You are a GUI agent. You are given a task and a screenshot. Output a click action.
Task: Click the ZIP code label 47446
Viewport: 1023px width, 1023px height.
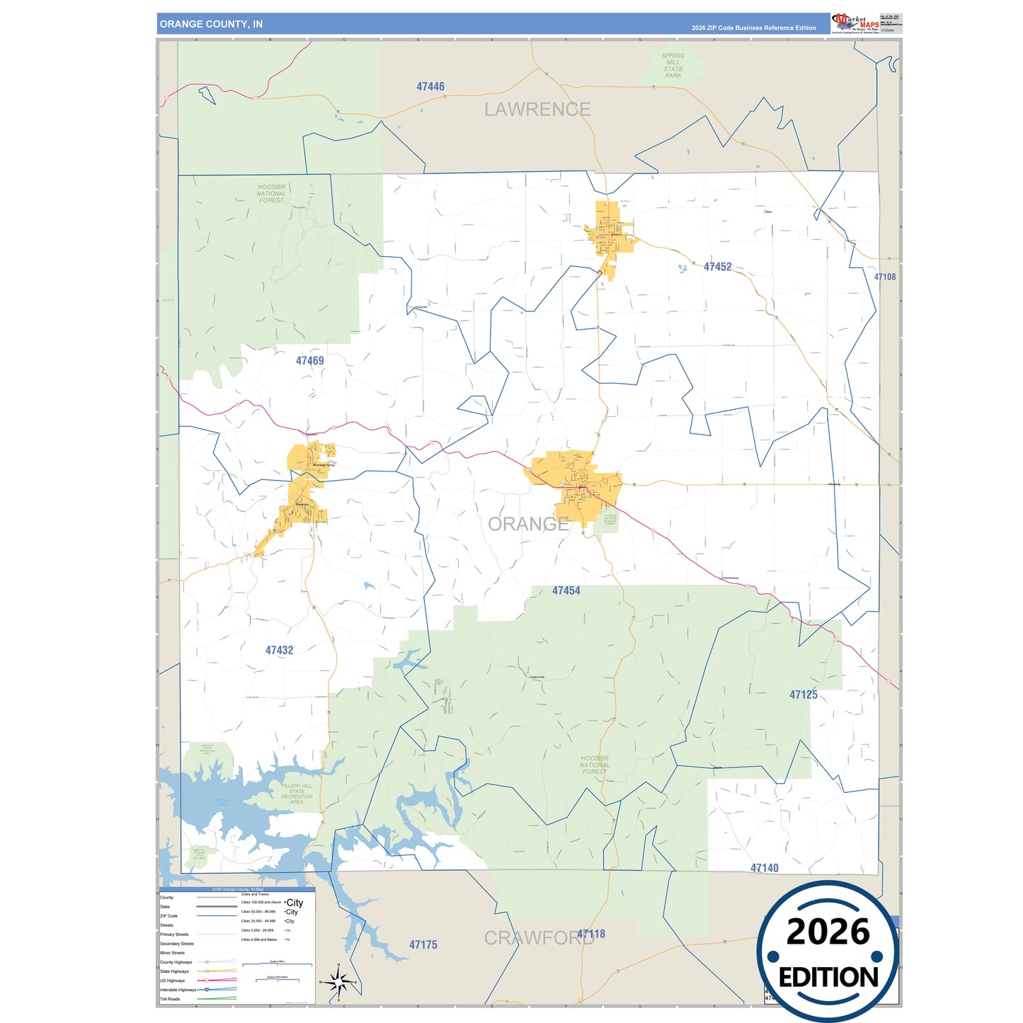(430, 86)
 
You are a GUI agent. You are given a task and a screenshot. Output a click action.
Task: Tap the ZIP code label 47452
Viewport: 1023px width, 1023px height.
(717, 267)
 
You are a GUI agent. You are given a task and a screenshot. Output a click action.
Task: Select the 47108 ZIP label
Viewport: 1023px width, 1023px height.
(884, 277)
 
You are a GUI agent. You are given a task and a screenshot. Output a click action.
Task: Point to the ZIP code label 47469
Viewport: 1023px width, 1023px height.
(309, 361)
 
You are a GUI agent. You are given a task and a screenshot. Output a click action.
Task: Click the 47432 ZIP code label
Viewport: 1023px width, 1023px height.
(279, 650)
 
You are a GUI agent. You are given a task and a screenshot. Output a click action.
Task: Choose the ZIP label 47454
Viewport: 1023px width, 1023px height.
(566, 590)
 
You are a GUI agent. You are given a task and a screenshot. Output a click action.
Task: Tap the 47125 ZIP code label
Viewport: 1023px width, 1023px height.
(803, 695)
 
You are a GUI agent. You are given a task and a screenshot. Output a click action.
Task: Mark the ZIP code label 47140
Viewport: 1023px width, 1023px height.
(764, 868)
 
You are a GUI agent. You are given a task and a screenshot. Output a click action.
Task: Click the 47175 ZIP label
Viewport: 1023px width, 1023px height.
(423, 944)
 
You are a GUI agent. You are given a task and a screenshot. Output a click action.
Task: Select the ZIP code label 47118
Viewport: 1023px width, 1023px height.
(591, 934)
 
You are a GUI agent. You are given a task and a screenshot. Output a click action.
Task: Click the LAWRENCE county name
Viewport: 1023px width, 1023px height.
(537, 110)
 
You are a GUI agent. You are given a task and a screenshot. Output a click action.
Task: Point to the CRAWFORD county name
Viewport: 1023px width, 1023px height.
(538, 938)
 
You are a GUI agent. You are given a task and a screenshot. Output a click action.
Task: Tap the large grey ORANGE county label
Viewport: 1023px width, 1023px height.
(528, 524)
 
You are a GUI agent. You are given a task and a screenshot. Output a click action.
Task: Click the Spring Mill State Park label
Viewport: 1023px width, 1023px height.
(673, 65)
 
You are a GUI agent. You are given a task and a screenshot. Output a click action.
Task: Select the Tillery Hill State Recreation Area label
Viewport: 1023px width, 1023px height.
(297, 794)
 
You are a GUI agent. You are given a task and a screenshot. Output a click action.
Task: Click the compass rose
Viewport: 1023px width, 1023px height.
(338, 982)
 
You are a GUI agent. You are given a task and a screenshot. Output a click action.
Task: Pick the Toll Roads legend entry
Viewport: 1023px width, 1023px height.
(170, 999)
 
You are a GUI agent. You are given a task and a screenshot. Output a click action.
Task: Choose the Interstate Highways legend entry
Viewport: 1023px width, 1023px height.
(178, 990)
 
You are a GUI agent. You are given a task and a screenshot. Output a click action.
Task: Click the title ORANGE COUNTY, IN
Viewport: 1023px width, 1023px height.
(211, 24)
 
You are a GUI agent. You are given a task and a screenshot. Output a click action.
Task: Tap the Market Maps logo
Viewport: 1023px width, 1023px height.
(855, 23)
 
